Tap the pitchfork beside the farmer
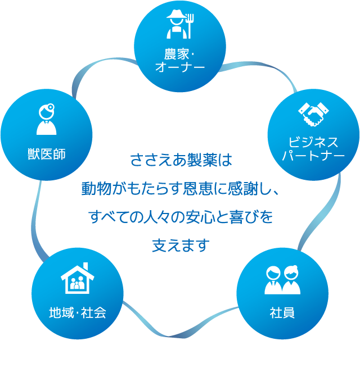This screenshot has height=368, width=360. click(190, 26)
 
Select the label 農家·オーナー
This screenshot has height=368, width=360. click(180, 60)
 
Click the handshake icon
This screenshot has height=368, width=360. click(313, 114)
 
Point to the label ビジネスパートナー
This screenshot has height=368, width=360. click(313, 149)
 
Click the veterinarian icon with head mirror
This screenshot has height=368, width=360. click(47, 119)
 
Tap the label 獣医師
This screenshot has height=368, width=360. click(47, 154)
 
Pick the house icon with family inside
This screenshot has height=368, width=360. click(77, 278)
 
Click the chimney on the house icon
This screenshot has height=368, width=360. click(85, 267)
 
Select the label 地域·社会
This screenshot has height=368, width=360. click(78, 312)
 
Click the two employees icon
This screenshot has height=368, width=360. click(282, 280)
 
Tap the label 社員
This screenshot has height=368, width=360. click(282, 312)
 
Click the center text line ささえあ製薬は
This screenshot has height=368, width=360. click(181, 160)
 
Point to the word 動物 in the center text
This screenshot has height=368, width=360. click(96, 189)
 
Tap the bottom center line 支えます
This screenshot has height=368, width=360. click(181, 246)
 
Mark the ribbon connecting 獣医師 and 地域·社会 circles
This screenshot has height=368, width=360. click(35, 221)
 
